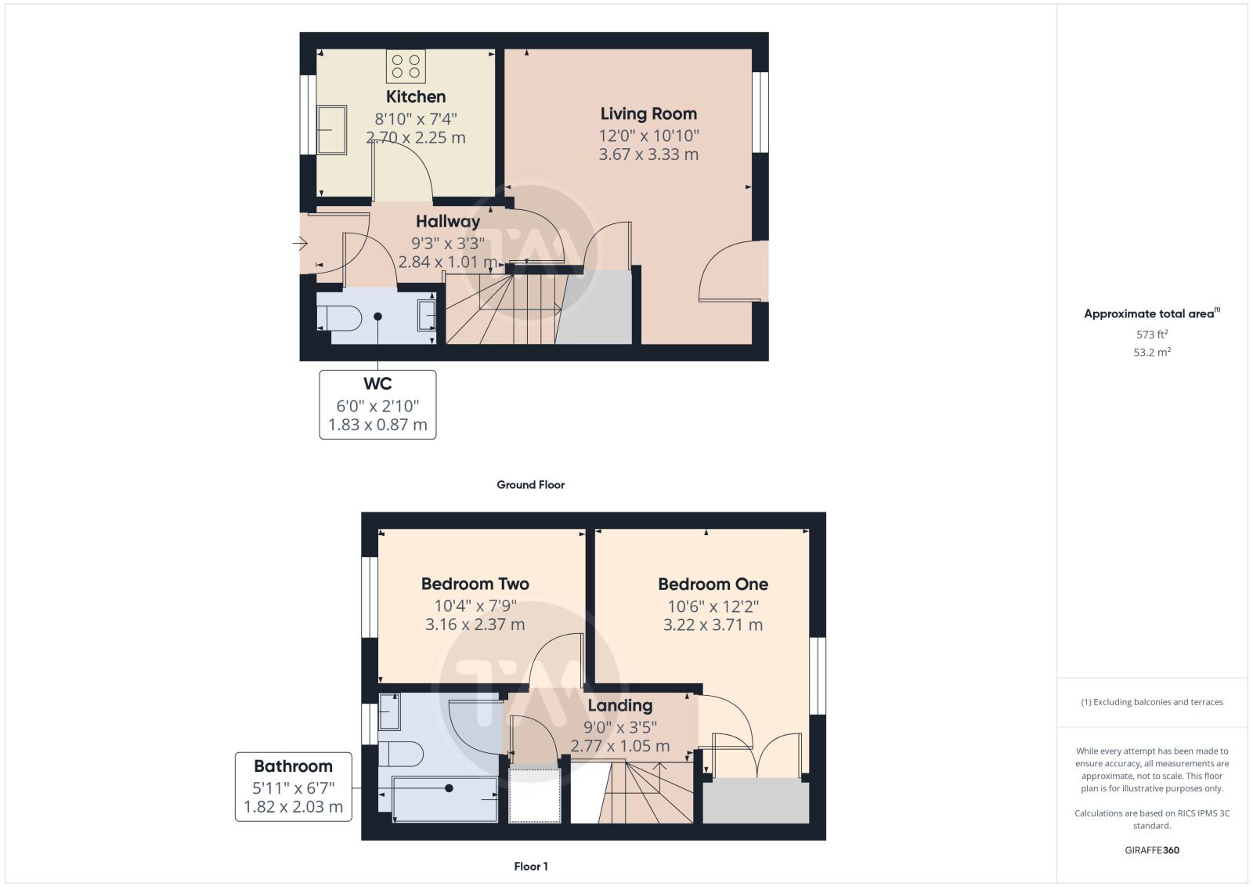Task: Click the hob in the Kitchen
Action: pyautogui.click(x=406, y=67)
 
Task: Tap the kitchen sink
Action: pyautogui.click(x=332, y=130)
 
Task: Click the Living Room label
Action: pyautogui.click(x=648, y=114)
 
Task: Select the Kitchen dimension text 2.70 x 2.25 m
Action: pyautogui.click(x=416, y=138)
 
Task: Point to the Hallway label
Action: pyautogui.click(x=447, y=222)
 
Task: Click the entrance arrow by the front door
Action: pyautogui.click(x=300, y=243)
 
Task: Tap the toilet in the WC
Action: pyautogui.click(x=339, y=318)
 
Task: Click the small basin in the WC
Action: pyautogui.click(x=426, y=316)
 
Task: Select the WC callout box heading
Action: pyautogui.click(x=377, y=384)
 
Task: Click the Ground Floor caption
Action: pyautogui.click(x=531, y=484)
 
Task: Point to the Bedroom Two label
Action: pyautogui.click(x=475, y=584)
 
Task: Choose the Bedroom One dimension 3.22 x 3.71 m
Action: pyautogui.click(x=713, y=625)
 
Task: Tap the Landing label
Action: pyautogui.click(x=619, y=706)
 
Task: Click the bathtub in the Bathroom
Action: pyautogui.click(x=444, y=799)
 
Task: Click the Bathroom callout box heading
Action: pyautogui.click(x=293, y=766)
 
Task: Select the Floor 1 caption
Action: pyautogui.click(x=531, y=867)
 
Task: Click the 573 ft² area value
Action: pyautogui.click(x=1152, y=334)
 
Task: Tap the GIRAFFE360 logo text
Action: pyautogui.click(x=1152, y=850)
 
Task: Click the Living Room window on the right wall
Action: pyautogui.click(x=760, y=112)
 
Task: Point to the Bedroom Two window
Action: pyautogui.click(x=369, y=596)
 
